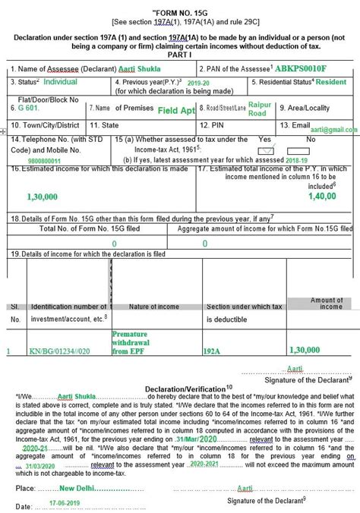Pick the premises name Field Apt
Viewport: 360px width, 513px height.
pos(177,110)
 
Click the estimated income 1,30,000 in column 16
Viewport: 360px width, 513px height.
pos(42,196)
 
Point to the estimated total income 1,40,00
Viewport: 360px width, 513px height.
pos(322,196)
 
